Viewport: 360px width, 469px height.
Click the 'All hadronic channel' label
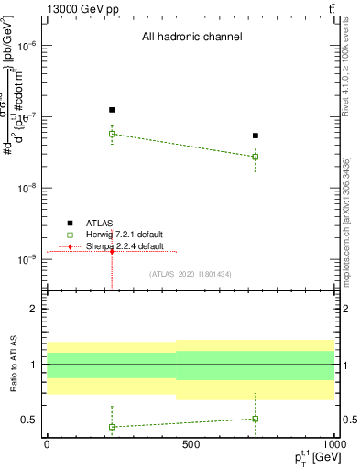click(x=191, y=38)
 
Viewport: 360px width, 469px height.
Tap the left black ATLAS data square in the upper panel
click(x=112, y=110)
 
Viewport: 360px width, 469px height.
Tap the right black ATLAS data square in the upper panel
click(x=256, y=136)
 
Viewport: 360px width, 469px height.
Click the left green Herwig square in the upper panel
click(x=112, y=134)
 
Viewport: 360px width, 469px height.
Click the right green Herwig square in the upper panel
click(x=256, y=157)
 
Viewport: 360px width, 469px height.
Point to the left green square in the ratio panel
click(x=112, y=427)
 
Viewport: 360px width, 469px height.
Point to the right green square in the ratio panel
click(x=256, y=419)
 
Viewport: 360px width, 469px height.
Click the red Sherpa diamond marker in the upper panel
click(x=112, y=251)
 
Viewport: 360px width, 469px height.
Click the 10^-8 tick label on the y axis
click(x=28, y=189)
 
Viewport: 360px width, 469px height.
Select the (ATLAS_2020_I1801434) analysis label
click(x=190, y=274)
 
